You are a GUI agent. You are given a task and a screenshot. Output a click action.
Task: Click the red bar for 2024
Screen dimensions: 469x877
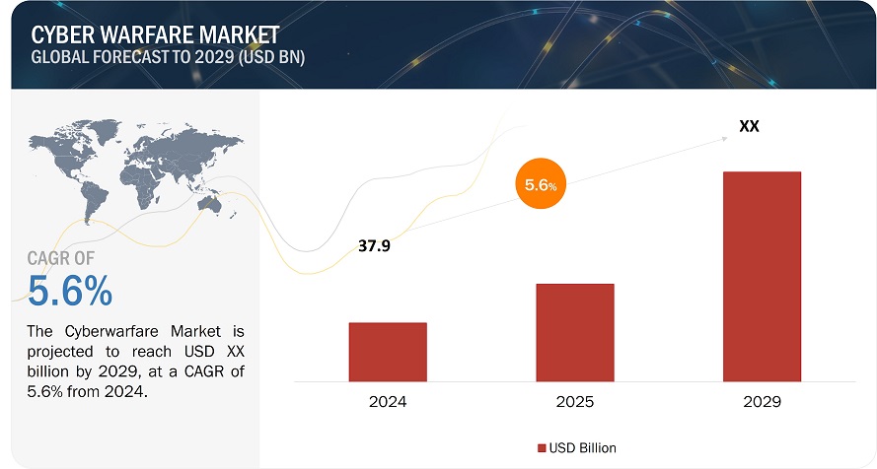387,351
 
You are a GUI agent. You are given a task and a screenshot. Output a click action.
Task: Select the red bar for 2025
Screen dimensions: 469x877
574,332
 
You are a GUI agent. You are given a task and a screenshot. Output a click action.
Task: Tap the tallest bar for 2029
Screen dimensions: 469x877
762,276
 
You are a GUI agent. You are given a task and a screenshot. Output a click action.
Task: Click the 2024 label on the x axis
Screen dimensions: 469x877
387,403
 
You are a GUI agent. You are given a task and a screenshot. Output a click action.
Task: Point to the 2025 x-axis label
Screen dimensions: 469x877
574,403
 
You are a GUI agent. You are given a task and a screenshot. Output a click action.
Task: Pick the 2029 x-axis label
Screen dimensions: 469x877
762,403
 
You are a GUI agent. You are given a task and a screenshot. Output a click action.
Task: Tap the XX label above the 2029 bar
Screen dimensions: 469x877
749,126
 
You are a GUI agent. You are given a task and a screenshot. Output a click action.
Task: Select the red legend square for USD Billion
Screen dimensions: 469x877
543,448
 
